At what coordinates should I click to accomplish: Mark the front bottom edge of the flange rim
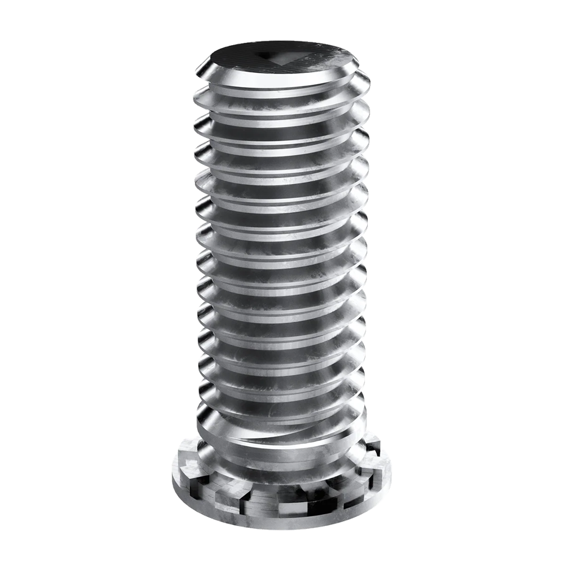click(282, 523)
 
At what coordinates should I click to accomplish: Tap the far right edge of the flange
click(393, 469)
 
